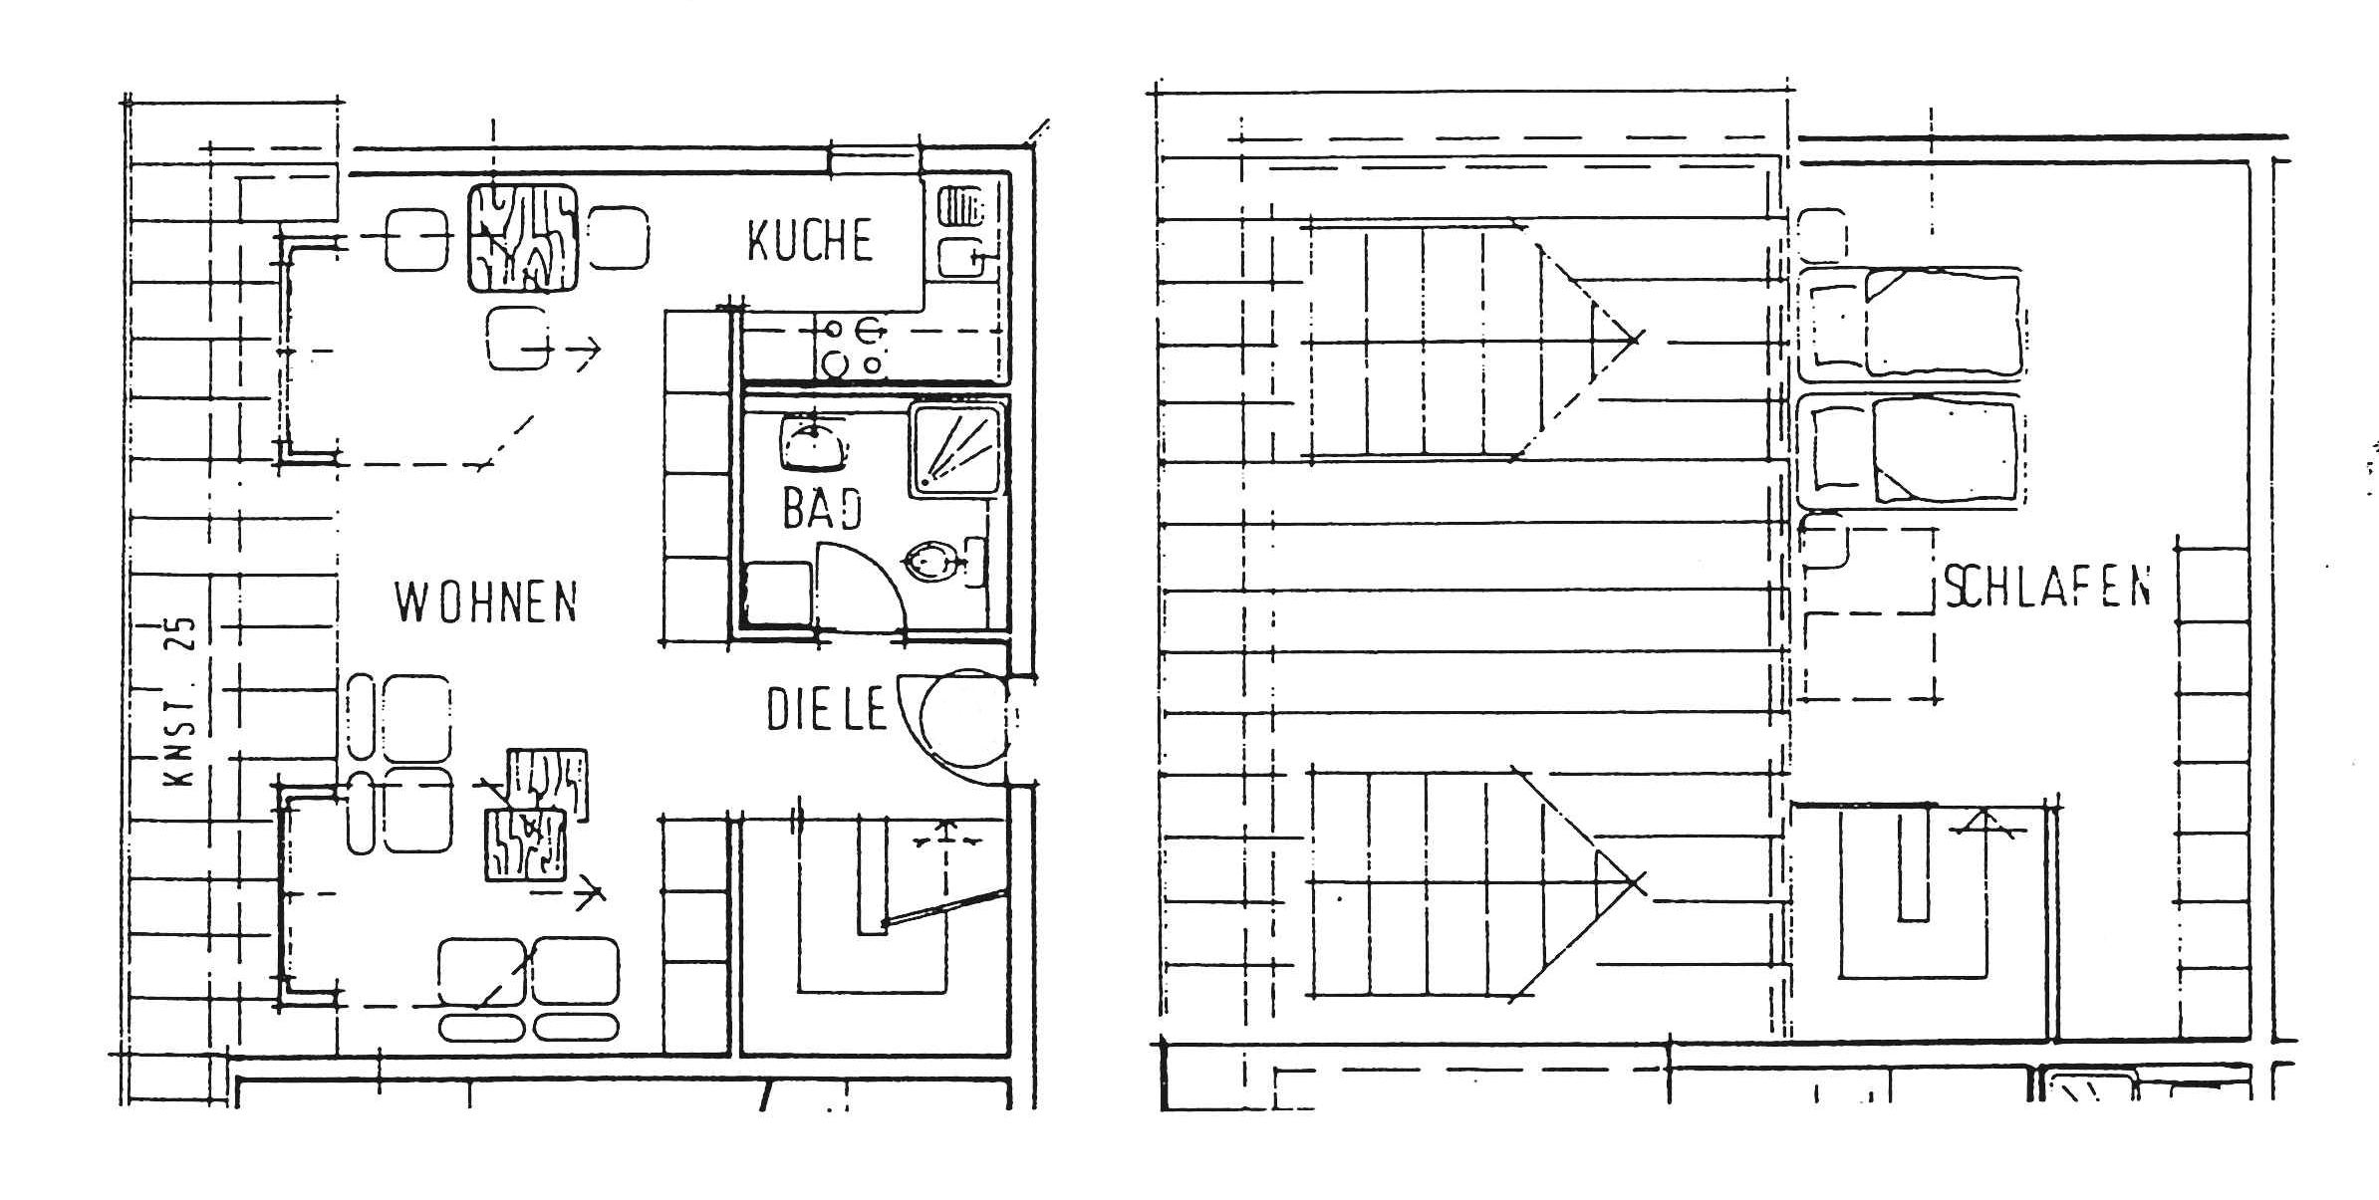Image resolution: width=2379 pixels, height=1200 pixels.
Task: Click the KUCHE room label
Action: coord(810,240)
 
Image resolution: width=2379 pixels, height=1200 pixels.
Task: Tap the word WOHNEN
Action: coord(486,601)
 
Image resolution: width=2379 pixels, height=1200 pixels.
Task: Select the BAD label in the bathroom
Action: coord(822,508)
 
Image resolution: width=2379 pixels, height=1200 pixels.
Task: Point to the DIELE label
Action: coord(826,709)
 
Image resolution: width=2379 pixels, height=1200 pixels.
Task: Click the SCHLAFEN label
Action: coord(2047,587)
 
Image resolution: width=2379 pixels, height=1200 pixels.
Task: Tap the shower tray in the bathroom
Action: coord(955,449)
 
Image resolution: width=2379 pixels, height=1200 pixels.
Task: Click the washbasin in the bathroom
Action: coord(815,442)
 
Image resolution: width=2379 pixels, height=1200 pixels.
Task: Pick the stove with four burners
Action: coord(852,346)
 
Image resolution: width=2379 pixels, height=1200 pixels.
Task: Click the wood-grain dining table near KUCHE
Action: coord(523,238)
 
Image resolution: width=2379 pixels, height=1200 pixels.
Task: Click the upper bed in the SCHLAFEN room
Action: coord(1911,324)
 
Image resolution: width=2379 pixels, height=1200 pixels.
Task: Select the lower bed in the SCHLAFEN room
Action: coord(1911,451)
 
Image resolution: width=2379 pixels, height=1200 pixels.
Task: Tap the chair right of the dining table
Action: coord(619,238)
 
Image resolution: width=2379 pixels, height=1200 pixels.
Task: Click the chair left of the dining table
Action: coord(416,239)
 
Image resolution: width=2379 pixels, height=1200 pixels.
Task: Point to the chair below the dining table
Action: coord(518,338)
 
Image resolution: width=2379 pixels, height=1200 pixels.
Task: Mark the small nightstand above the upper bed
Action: coord(1823,235)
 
